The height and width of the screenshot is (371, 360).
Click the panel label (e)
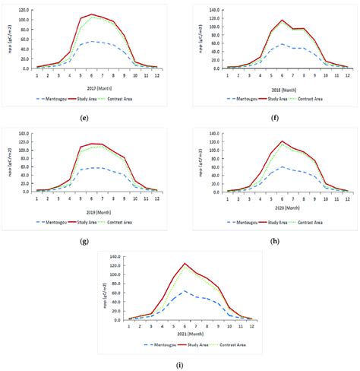[93, 116]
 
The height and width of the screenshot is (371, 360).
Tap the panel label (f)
[269, 116]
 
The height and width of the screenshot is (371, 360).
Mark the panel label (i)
[179, 365]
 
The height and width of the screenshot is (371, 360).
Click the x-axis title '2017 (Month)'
[93, 85]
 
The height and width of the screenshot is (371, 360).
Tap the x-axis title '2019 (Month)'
[93, 209]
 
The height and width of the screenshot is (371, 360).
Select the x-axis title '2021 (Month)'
[179, 332]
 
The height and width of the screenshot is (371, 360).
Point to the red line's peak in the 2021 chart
[185, 264]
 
